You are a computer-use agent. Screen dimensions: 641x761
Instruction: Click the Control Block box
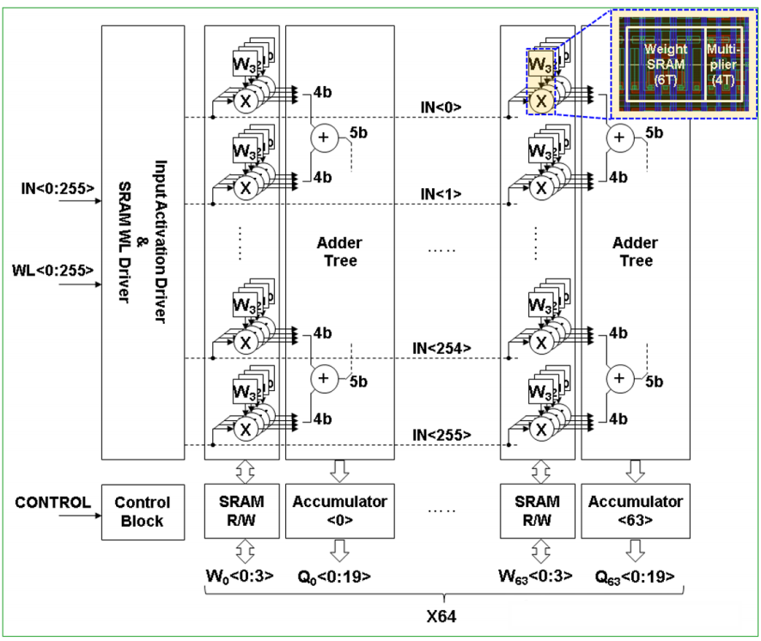coord(143,511)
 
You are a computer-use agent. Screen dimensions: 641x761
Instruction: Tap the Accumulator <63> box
coord(635,511)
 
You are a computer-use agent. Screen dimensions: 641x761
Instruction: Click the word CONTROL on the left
coord(52,502)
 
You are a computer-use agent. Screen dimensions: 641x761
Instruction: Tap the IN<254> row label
coord(441,347)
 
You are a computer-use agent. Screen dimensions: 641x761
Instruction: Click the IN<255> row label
coord(441,435)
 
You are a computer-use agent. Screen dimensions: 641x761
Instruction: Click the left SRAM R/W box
coord(241,511)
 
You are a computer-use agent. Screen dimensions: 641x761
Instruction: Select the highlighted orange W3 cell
coord(539,65)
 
